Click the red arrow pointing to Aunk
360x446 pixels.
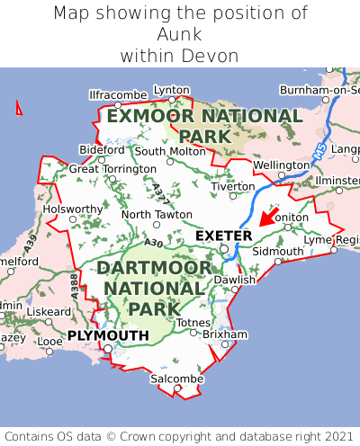(x=268, y=216)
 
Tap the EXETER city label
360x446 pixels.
(x=223, y=236)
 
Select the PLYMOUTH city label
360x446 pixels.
(x=108, y=335)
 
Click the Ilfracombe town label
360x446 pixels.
(x=118, y=94)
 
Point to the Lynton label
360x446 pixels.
(x=172, y=90)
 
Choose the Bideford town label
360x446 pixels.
(x=102, y=149)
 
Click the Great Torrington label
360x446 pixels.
(x=112, y=168)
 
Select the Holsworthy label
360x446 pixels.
(x=74, y=209)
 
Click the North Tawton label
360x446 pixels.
(x=157, y=215)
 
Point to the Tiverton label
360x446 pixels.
(x=234, y=186)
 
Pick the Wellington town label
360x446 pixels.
(x=281, y=165)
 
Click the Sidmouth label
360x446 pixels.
(x=277, y=251)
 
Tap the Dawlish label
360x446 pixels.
(x=235, y=280)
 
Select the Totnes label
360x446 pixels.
(x=193, y=322)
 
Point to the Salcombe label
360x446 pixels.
(x=176, y=379)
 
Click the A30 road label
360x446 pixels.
(x=153, y=242)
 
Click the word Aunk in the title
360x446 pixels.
(x=180, y=34)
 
